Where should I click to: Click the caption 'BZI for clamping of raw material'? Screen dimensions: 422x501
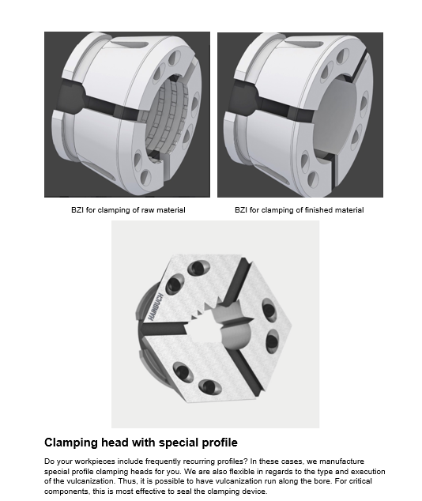coord(128,210)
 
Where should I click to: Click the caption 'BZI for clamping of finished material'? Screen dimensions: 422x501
coord(299,210)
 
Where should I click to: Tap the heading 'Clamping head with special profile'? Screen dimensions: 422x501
coord(141,443)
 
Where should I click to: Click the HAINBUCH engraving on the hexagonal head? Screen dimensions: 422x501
coord(156,307)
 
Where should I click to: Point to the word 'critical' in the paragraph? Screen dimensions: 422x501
coord(359,481)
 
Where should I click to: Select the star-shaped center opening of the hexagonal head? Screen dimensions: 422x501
coord(217,326)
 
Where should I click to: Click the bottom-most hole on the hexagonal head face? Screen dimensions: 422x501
coord(210,387)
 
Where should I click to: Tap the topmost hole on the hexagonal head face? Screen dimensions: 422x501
coord(198,267)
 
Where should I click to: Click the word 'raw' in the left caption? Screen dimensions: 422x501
coord(148,210)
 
